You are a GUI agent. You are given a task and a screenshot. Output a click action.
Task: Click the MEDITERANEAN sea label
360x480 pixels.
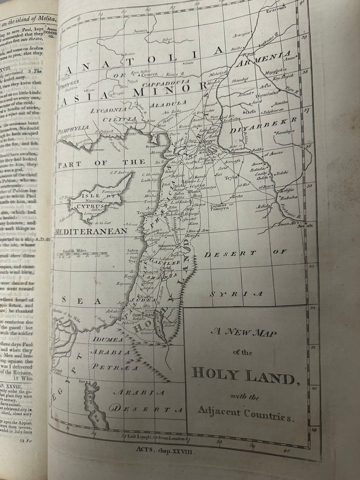pos(91,231)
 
